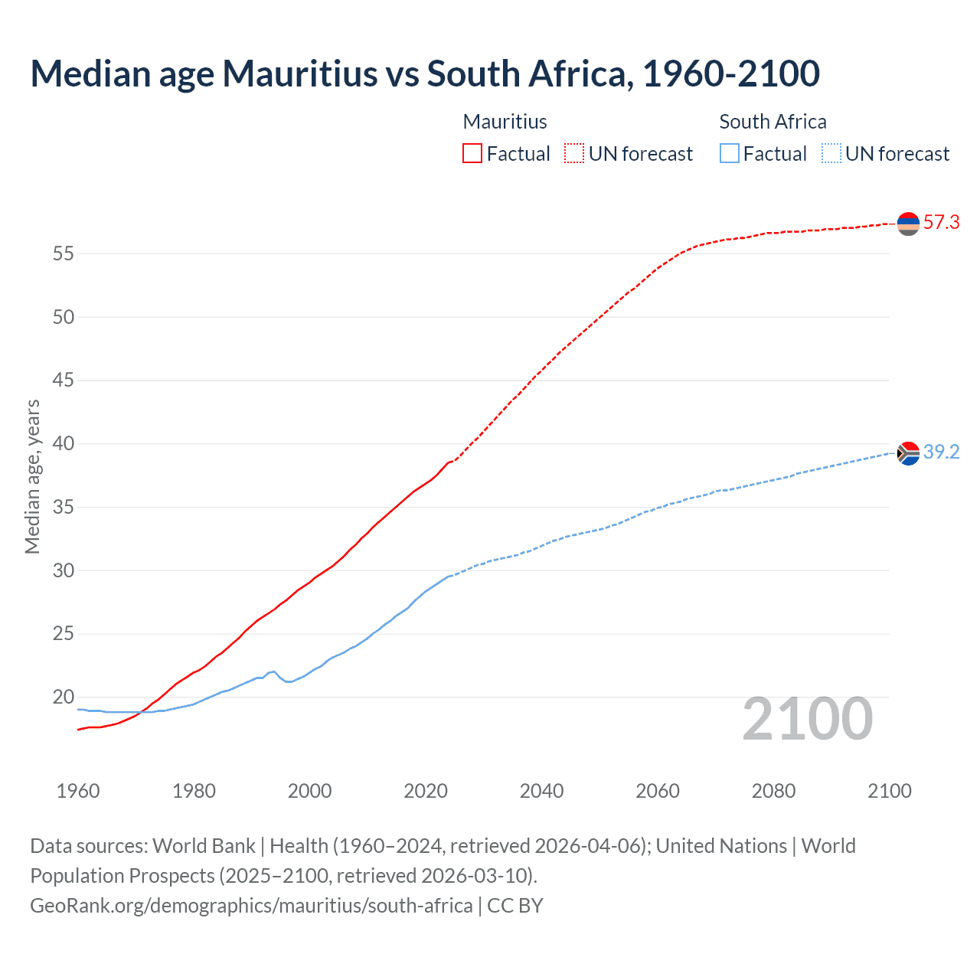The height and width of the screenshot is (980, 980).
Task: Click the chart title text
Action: point(425,73)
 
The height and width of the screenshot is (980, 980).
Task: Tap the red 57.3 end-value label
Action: point(941,223)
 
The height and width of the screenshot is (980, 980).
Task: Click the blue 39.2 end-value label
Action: point(941,452)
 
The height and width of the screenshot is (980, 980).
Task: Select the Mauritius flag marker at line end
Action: point(908,224)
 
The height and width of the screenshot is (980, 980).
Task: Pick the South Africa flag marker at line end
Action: point(908,453)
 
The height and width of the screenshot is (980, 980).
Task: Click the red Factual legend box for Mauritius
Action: point(472,153)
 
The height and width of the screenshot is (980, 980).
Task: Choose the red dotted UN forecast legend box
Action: point(574,153)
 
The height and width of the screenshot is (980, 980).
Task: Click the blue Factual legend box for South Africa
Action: point(730,153)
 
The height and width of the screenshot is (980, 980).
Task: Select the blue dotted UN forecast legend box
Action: point(831,153)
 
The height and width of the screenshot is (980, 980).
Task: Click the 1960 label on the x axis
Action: point(78,791)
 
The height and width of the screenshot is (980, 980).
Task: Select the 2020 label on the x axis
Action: point(426,791)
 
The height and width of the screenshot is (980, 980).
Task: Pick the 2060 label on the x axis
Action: point(658,791)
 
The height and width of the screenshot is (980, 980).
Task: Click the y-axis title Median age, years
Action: point(32,476)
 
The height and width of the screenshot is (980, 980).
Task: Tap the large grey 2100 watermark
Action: point(808,718)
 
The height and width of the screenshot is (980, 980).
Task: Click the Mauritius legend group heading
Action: point(505,122)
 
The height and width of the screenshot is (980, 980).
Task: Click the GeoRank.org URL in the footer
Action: point(251,906)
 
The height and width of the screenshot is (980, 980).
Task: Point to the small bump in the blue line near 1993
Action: point(273,671)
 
